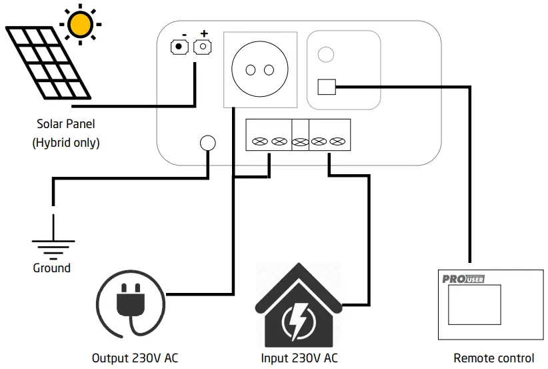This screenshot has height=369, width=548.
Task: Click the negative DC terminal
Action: click(x=179, y=47)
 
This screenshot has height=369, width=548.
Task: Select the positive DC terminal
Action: click(x=203, y=47)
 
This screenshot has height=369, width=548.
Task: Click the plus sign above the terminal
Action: click(x=203, y=33)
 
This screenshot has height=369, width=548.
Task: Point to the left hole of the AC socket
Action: click(x=251, y=70)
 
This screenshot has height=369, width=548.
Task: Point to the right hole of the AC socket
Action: click(x=269, y=70)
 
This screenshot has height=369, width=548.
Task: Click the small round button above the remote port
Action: click(x=325, y=54)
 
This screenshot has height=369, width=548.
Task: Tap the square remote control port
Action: click(x=326, y=87)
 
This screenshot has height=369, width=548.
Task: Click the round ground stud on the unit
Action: click(x=208, y=143)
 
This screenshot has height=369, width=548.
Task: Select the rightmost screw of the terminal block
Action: click(x=339, y=141)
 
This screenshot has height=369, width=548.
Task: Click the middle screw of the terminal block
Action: click(x=300, y=141)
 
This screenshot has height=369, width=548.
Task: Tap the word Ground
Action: click(x=51, y=268)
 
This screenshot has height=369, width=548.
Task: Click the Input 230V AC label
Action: click(x=299, y=358)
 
